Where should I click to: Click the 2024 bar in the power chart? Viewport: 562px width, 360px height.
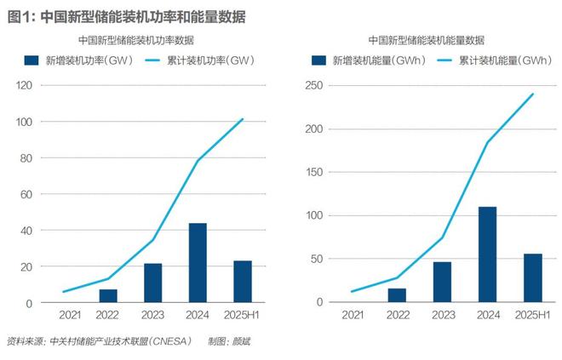tap(198, 263)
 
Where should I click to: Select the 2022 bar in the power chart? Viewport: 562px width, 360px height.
tap(108, 295)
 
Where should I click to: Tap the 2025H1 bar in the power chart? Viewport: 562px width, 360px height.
tap(242, 282)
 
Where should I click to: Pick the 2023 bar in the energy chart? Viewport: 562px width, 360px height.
tap(442, 282)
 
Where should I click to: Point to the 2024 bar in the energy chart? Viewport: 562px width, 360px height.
tap(487, 254)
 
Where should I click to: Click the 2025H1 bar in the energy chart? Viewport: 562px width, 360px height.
tap(532, 278)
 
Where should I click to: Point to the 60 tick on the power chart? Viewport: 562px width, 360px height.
tap(26, 194)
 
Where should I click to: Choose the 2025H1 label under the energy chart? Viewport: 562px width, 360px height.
tap(532, 316)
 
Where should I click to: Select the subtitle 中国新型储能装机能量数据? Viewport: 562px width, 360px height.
tap(427, 40)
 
